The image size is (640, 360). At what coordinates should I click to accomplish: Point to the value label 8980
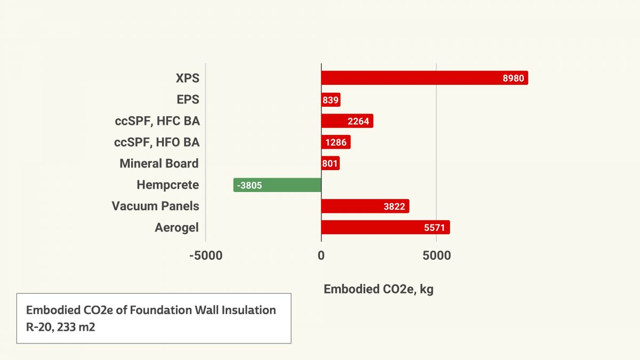pos(514,78)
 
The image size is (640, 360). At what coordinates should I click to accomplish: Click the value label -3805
pos(250,186)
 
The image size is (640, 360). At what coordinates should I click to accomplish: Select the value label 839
pos(330,100)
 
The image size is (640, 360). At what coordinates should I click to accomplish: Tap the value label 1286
pos(336,142)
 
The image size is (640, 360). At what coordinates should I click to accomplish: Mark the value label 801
pos(330,164)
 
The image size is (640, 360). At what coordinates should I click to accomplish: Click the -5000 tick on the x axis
pos(205,255)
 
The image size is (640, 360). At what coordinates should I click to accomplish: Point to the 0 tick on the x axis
pos(321,255)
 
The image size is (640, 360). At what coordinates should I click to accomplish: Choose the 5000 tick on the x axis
pos(436,255)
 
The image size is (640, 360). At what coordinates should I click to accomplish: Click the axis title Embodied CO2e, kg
pos(378,289)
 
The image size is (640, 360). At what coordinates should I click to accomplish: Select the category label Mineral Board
pos(159,163)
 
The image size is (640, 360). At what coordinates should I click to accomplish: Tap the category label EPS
pos(188,100)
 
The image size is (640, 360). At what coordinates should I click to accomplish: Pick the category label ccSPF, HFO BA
pos(157,142)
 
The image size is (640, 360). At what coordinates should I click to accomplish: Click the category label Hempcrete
pos(167,185)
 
